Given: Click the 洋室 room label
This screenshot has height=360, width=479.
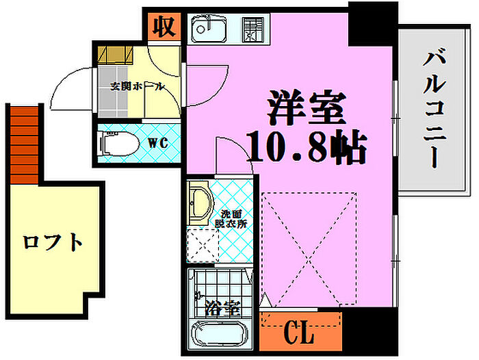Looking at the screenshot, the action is pyautogui.click(x=307, y=107).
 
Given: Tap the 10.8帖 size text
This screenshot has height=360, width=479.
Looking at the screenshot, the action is pyautogui.click(x=307, y=147).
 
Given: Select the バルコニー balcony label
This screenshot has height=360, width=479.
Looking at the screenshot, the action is pyautogui.click(x=435, y=110).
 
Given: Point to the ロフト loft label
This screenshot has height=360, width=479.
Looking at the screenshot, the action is pyautogui.click(x=52, y=242).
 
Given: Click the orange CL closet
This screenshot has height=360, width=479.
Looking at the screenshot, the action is pyautogui.click(x=300, y=331).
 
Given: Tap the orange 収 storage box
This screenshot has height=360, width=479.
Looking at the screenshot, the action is pyautogui.click(x=164, y=27).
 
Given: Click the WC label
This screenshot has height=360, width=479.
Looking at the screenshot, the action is pyautogui.click(x=158, y=143).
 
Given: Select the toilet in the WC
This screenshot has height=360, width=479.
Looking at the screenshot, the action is pyautogui.click(x=118, y=143).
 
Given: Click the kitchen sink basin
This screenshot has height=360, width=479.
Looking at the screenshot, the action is pyautogui.click(x=209, y=29).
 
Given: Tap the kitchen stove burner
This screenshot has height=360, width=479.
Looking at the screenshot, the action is pyautogui.click(x=253, y=29).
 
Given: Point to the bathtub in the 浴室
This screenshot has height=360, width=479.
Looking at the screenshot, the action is pyautogui.click(x=218, y=335).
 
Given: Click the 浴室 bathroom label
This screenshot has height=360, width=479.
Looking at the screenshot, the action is pyautogui.click(x=222, y=308).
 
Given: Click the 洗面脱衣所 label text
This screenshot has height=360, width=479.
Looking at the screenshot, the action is pyautogui.click(x=231, y=219).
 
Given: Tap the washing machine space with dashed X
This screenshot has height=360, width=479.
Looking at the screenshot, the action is pyautogui.click(x=203, y=246).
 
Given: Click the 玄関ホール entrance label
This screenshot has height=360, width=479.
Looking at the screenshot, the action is pyautogui.click(x=137, y=87).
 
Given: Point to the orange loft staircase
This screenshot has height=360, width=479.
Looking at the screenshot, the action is pyautogui.click(x=25, y=145).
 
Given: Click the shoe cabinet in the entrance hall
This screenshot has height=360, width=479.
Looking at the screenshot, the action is pyautogui.click(x=116, y=55).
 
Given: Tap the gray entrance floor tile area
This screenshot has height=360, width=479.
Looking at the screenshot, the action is pyautogui.click(x=112, y=92).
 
